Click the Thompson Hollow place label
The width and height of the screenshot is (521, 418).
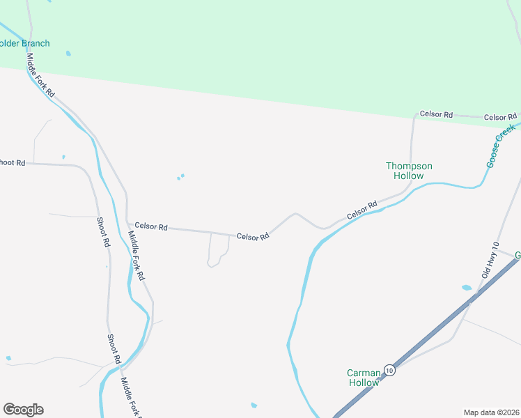click(409, 171)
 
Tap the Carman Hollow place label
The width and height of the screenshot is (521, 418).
click(364, 378)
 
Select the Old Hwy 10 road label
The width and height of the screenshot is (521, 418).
click(490, 261)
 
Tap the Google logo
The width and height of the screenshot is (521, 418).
click(23, 409)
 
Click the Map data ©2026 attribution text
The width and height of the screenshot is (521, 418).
click(491, 412)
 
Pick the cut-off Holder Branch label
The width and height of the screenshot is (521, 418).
click(25, 43)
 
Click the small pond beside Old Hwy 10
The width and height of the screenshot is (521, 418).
click(466, 287)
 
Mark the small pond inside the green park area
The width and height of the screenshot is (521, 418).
click(68, 53)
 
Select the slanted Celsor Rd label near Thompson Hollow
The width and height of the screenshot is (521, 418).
click(362, 209)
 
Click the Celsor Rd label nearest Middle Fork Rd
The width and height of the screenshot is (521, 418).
click(151, 226)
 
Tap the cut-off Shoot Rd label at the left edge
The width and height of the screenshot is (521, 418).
click(13, 162)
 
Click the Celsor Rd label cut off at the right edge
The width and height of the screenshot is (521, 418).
click(501, 117)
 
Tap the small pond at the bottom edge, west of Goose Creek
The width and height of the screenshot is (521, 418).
click(254, 405)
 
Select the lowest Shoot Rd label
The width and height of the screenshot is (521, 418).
click(114, 349)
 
